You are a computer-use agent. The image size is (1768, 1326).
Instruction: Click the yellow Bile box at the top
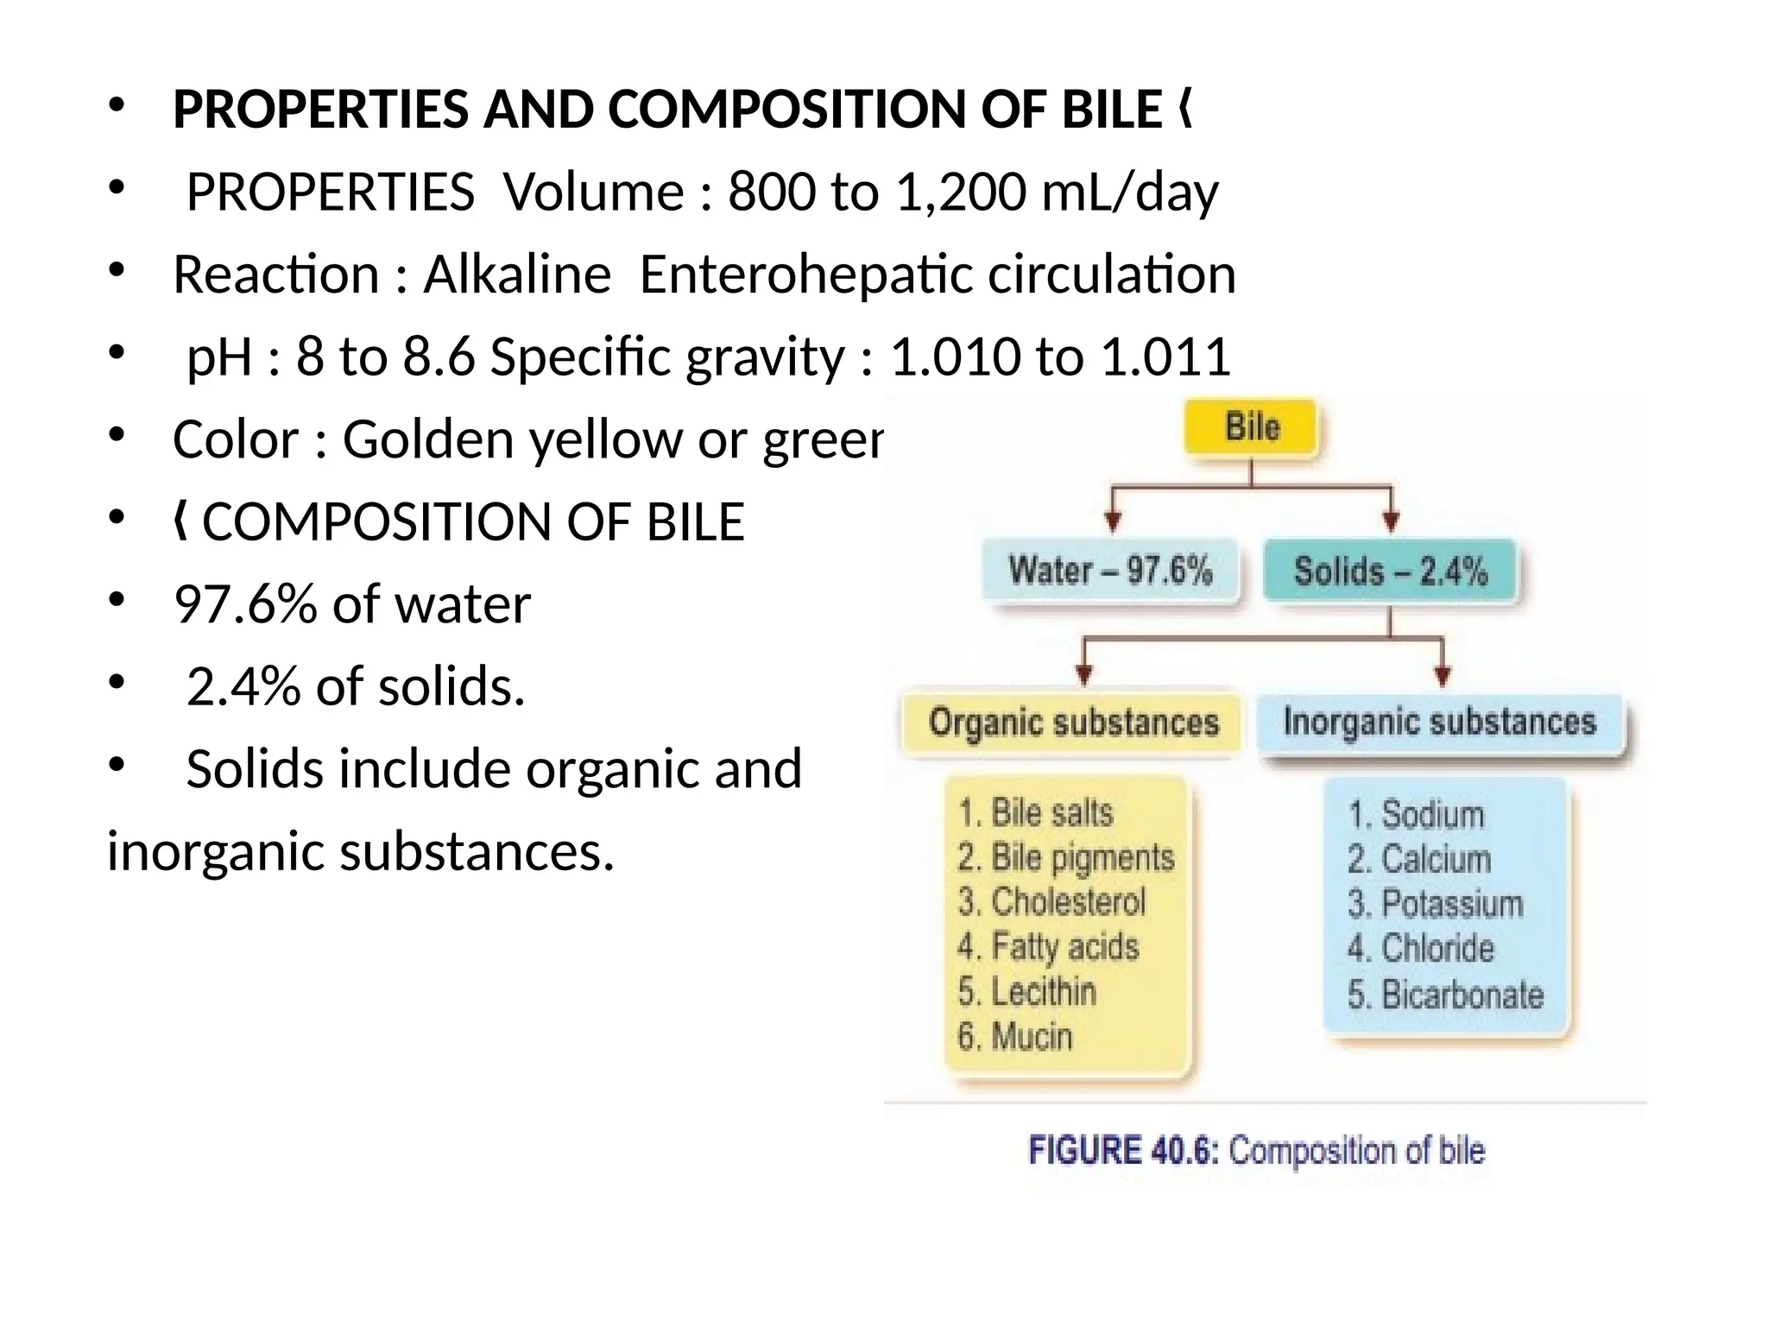pyautogui.click(x=1252, y=427)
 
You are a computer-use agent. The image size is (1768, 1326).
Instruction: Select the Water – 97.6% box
pyautogui.click(x=1110, y=571)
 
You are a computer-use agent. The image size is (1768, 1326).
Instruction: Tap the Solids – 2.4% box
pyautogui.click(x=1390, y=571)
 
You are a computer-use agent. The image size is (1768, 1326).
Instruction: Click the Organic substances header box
pyautogui.click(x=1073, y=722)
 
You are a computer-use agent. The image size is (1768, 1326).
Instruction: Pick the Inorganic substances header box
pyautogui.click(x=1439, y=722)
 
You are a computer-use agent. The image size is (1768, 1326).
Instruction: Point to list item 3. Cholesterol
pyautogui.click(x=1051, y=902)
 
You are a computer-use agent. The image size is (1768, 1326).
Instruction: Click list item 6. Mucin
pyautogui.click(x=1015, y=1036)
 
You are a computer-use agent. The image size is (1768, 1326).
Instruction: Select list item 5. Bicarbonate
pyautogui.click(x=1445, y=994)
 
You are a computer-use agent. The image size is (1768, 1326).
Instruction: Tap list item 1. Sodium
pyautogui.click(x=1416, y=815)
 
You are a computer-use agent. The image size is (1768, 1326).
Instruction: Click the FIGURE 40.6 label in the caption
pyautogui.click(x=1123, y=1151)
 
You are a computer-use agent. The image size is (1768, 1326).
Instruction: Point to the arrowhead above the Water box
pyautogui.click(x=1114, y=521)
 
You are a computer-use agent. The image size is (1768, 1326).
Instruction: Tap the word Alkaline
pyautogui.click(x=517, y=275)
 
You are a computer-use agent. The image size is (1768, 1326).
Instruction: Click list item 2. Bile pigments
pyautogui.click(x=1066, y=857)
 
